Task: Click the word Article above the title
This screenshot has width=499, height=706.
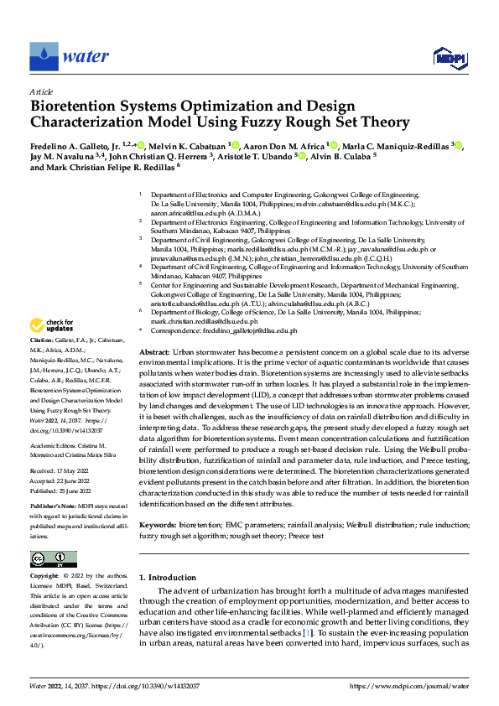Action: click(41, 91)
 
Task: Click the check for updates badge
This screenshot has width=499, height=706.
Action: click(53, 325)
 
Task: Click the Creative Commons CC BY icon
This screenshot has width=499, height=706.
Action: click(53, 559)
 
